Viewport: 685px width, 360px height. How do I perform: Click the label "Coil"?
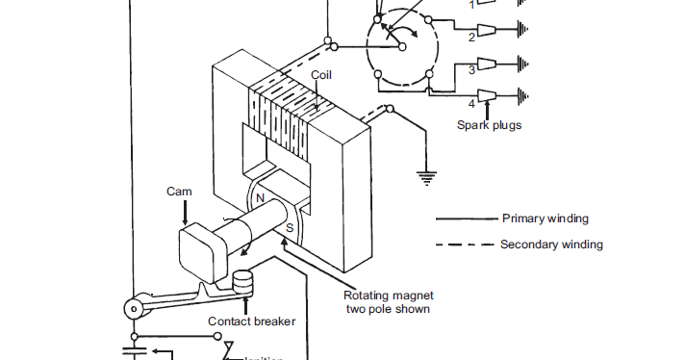pos(322,75)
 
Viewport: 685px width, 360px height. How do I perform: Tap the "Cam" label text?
pos(179,192)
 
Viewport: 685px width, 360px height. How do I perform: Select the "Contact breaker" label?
pos(251,321)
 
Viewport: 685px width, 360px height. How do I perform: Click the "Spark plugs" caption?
pos(490,124)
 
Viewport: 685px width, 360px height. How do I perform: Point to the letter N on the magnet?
pos(258,198)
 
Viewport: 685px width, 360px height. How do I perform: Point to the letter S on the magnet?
pos(289,228)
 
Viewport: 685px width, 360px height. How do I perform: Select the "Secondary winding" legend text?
pos(551,244)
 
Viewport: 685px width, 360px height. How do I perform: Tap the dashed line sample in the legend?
pos(465,244)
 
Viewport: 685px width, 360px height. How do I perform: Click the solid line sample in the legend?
pos(465,219)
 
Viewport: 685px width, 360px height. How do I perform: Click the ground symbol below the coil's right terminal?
pos(423,178)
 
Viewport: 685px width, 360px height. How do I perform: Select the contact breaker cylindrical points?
pos(243,283)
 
